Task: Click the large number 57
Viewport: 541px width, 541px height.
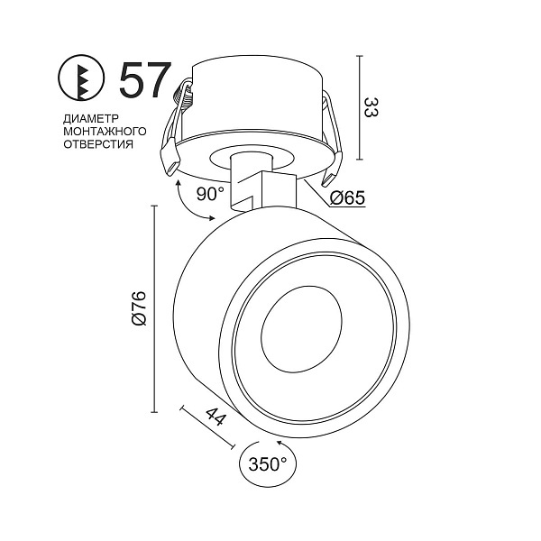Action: [x=145, y=80]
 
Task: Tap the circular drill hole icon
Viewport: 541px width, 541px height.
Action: [x=81, y=78]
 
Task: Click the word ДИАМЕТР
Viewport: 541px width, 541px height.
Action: [x=91, y=119]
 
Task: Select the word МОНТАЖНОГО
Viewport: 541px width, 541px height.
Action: [x=105, y=132]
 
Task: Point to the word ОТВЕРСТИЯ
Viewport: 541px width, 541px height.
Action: [x=98, y=144]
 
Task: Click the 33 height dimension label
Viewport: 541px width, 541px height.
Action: [x=371, y=107]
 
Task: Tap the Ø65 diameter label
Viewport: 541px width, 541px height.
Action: [x=347, y=197]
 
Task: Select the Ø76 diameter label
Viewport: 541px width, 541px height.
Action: [x=140, y=308]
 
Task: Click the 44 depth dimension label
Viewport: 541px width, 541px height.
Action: [x=216, y=417]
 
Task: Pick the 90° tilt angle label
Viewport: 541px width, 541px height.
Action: [x=210, y=194]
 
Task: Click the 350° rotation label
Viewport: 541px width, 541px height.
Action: [x=268, y=464]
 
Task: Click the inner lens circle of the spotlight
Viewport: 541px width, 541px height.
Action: [x=301, y=329]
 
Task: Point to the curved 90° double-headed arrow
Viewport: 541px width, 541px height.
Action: [x=189, y=204]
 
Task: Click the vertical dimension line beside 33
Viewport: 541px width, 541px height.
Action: [x=360, y=107]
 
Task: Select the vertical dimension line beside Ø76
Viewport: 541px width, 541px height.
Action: [x=154, y=308]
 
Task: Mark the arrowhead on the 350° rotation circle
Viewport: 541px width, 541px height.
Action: [x=280, y=443]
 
